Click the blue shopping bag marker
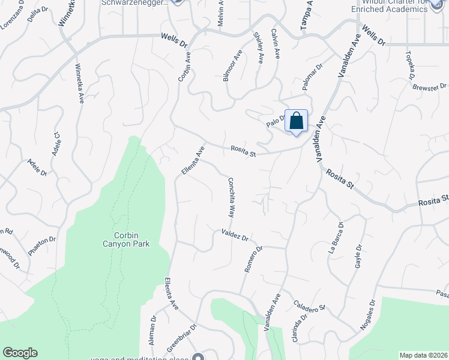296,121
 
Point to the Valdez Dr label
235,235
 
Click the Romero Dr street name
254,259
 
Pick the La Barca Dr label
336,239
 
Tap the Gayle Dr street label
358,256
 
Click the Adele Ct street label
56,145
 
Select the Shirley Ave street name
259,48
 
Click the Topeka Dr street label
411,66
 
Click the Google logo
20,353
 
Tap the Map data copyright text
423,355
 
